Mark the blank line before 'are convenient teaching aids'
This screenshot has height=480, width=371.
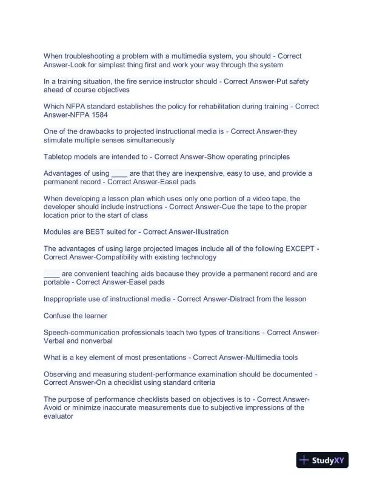click(x=51, y=273)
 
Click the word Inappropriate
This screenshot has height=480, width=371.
click(x=70, y=299)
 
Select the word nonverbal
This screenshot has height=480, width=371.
click(x=86, y=341)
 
